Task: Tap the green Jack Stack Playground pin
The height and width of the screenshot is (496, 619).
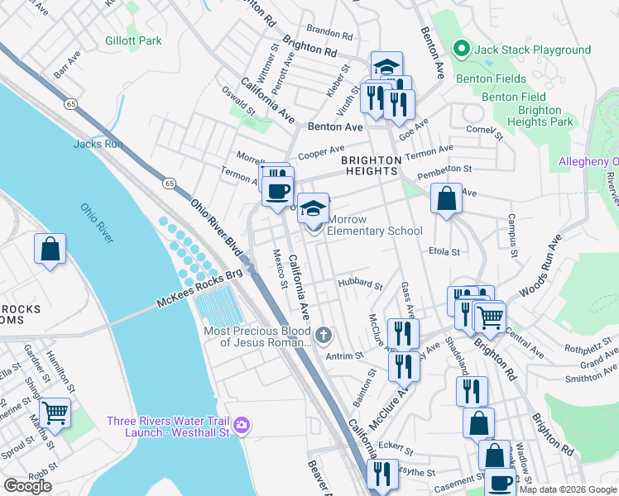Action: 462,50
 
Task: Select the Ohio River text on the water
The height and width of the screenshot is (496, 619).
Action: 98,223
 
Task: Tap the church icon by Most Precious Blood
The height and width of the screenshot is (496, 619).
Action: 324,336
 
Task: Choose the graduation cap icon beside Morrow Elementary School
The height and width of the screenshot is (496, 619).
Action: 312,207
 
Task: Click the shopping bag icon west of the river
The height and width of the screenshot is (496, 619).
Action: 50,247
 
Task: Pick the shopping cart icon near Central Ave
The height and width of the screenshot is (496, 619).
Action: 490,315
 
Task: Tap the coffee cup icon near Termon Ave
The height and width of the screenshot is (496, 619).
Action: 277,191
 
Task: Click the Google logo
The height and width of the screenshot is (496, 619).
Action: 27,486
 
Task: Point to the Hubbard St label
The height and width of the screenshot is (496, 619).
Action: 360,284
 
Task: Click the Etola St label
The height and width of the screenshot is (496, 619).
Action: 444,250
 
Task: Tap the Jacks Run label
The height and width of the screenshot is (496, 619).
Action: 98,144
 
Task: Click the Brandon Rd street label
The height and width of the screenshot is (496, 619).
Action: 329,35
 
